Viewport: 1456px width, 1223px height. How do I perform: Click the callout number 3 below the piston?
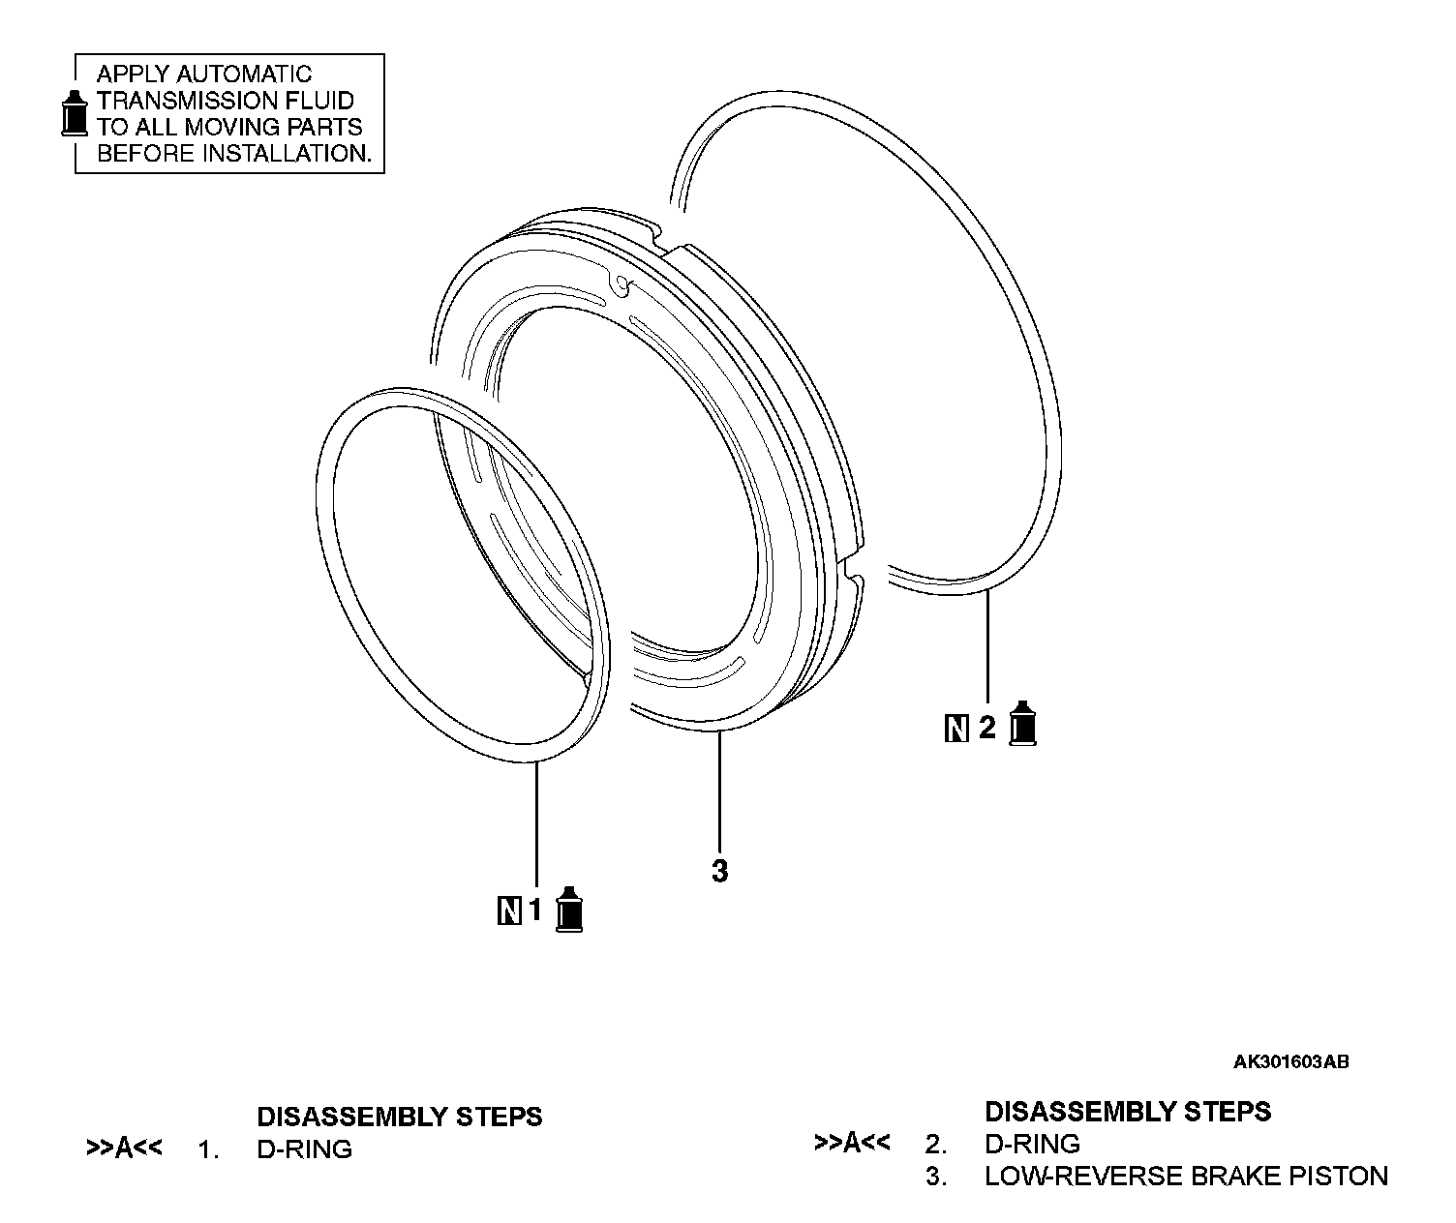point(719,872)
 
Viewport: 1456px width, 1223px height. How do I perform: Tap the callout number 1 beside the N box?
point(535,910)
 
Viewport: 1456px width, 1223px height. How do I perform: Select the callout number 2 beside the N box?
point(986,727)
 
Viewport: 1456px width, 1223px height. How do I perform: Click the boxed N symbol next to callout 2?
point(955,728)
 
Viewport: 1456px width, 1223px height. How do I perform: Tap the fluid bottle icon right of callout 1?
point(569,909)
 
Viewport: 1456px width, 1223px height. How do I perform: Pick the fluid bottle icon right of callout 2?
point(1022,724)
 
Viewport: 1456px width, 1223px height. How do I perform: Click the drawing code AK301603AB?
point(1290,1062)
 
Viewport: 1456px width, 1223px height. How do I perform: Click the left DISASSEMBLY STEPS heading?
point(399,1117)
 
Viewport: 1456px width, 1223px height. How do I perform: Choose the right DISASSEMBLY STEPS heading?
point(1127,1111)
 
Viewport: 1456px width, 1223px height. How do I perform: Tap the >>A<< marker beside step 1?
point(124,1149)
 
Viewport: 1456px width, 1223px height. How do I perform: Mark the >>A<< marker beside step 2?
point(852,1144)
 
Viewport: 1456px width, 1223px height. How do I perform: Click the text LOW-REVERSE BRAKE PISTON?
point(1186,1177)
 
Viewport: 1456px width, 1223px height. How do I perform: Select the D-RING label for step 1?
point(304,1149)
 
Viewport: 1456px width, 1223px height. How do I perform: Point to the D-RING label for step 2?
point(1032,1144)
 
